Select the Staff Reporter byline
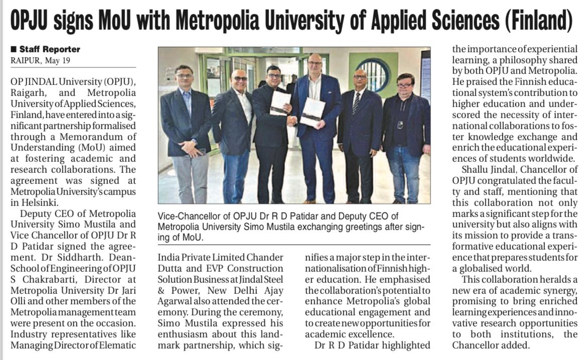(49, 49)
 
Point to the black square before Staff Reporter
(14, 49)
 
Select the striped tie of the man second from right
(356, 103)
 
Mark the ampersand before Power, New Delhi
(162, 290)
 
